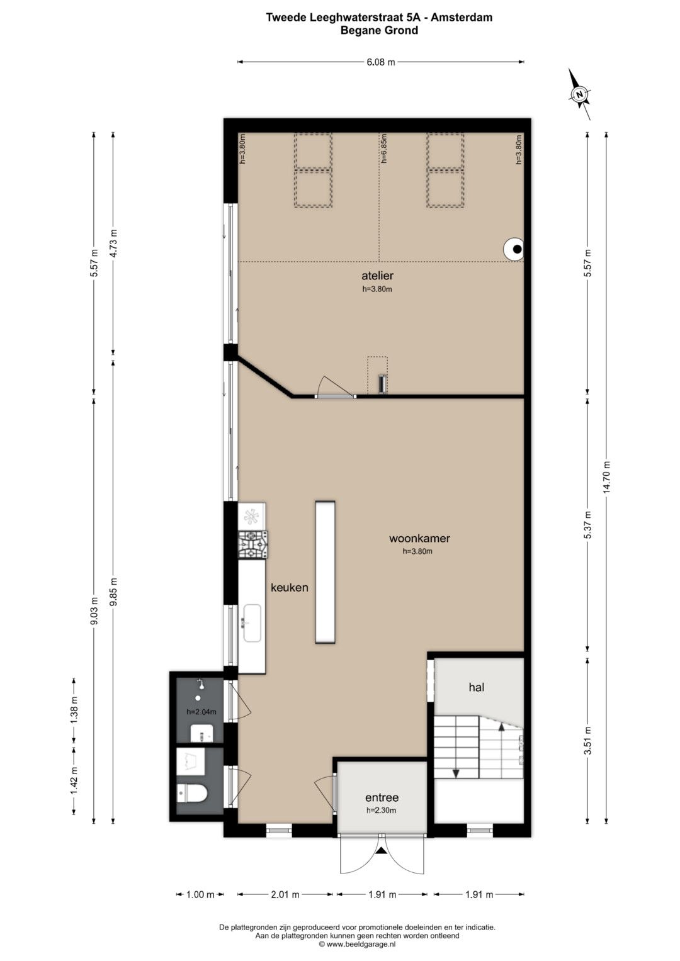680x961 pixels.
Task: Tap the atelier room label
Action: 377,276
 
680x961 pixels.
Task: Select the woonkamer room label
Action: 419,538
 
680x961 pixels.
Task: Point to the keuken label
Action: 290,587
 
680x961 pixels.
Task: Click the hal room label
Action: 477,687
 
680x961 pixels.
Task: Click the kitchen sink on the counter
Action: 252,623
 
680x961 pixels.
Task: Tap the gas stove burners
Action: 253,545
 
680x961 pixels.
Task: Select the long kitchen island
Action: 325,572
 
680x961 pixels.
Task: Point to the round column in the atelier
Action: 514,249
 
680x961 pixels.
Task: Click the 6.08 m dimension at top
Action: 380,62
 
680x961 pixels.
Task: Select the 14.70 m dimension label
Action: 606,477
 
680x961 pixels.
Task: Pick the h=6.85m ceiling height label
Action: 384,149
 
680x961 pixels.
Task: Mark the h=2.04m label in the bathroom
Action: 201,712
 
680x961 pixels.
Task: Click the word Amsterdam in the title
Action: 462,18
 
